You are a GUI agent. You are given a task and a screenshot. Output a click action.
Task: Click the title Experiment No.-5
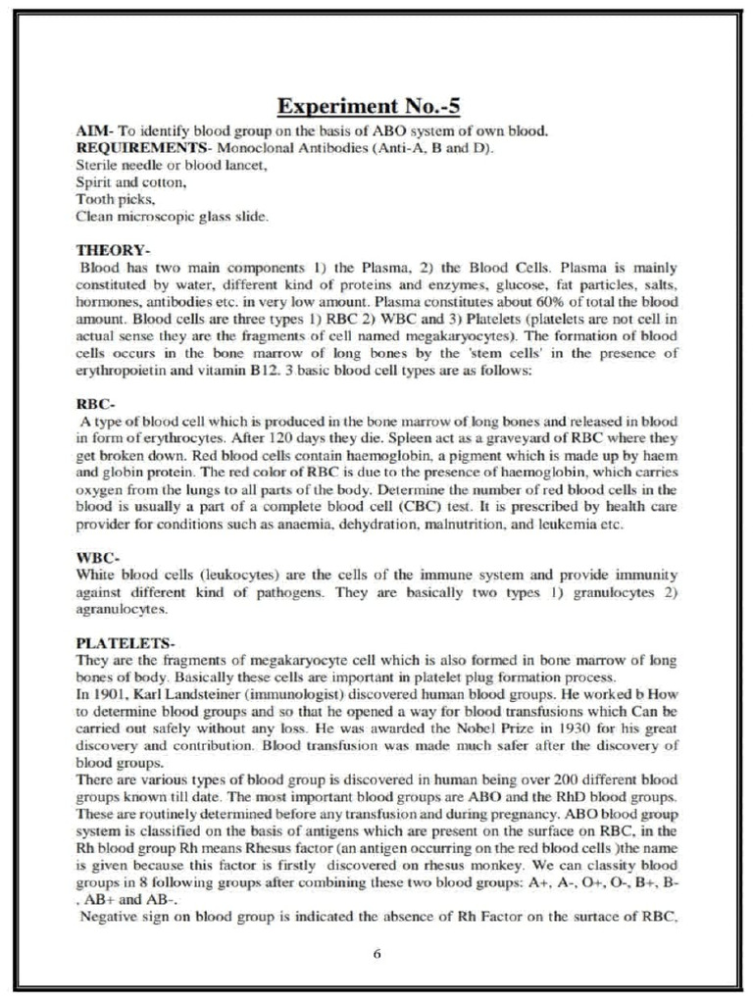376,106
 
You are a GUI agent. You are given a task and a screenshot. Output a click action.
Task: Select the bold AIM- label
94,131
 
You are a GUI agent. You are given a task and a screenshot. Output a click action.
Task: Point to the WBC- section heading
96,556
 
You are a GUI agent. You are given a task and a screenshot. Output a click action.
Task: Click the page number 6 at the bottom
376,953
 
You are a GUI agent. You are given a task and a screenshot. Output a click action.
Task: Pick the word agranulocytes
120,608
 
